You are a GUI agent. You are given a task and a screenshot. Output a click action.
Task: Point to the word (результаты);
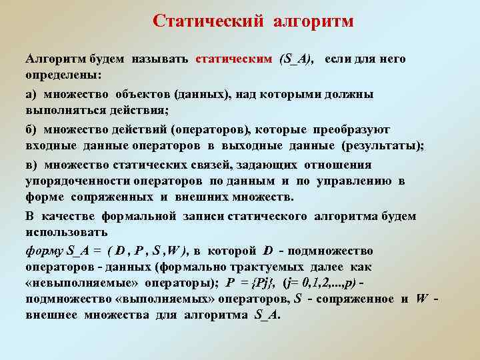coord(383,145)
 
